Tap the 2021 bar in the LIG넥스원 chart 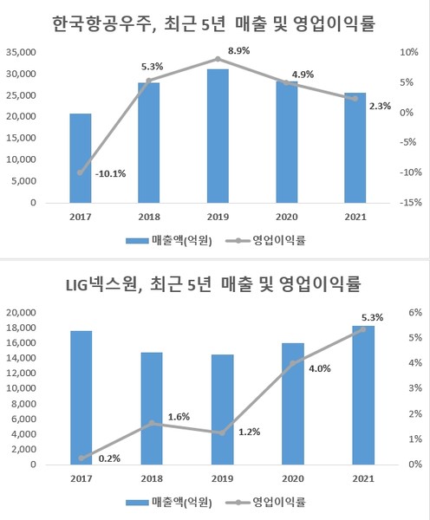coord(355,395)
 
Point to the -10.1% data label coord(110,173)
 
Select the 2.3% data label coord(379,107)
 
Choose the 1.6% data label coord(179,416)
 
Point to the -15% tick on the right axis coord(409,204)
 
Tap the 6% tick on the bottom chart coord(414,312)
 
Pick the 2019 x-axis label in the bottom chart coord(218,478)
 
